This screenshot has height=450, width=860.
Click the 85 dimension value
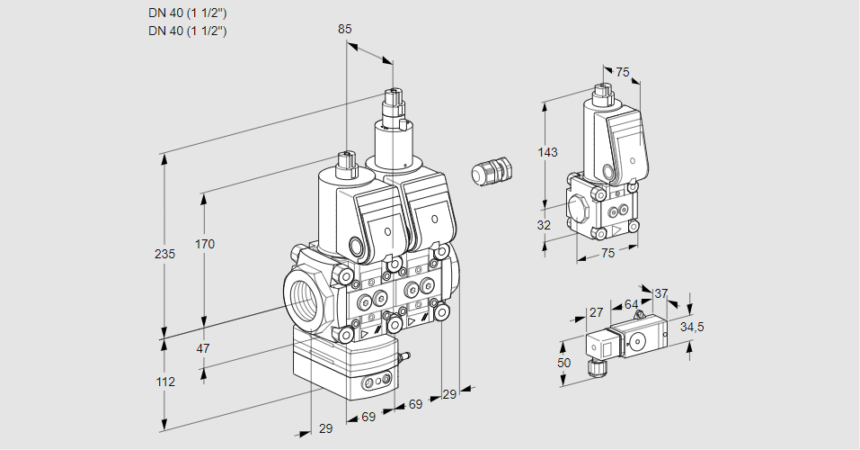click(x=344, y=29)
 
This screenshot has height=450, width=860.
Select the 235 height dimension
click(x=164, y=254)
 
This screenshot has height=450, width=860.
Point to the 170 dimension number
click(x=205, y=244)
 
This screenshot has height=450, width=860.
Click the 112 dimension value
click(x=164, y=382)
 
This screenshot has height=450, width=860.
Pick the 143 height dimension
click(x=547, y=152)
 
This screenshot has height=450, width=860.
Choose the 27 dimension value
click(x=595, y=312)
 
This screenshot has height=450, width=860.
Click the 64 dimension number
click(x=631, y=304)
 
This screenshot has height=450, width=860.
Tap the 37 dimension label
click(x=661, y=293)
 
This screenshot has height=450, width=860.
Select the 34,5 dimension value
click(x=692, y=327)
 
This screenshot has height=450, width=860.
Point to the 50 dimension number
click(x=563, y=362)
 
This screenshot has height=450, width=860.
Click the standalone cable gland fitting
click(x=492, y=171)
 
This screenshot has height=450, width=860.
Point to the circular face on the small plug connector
click(x=639, y=341)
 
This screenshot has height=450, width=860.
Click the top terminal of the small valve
click(x=602, y=92)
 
